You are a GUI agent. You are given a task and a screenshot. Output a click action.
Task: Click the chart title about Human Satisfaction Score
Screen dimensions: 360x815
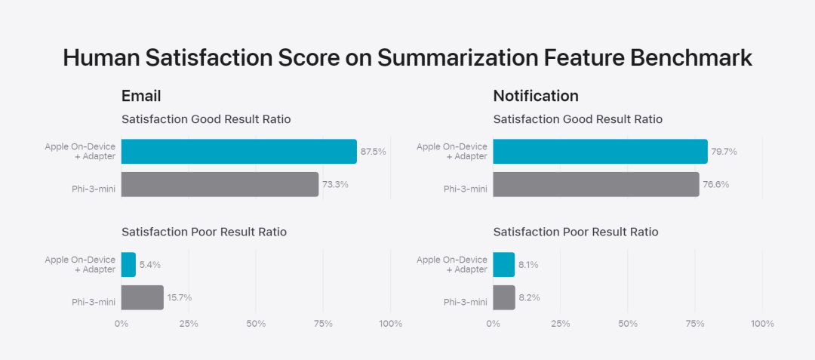pos(407,58)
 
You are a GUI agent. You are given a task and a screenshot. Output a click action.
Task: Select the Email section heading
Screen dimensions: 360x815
pos(141,96)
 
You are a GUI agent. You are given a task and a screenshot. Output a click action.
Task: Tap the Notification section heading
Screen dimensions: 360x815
pos(536,96)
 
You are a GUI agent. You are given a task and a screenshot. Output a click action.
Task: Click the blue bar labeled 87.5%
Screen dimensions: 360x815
pos(238,151)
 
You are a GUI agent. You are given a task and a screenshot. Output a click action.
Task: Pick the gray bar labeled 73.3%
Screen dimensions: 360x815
pos(220,184)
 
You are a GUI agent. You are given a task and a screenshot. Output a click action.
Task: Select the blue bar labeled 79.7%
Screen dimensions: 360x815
pos(600,151)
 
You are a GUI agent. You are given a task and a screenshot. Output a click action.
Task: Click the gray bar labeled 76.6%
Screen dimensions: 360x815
pos(595,184)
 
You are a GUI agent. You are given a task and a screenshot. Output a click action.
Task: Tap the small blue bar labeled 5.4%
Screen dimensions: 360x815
pos(128,264)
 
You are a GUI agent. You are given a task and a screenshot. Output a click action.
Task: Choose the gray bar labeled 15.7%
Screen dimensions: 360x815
pos(142,297)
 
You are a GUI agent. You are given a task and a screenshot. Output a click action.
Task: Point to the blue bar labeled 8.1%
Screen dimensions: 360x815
pos(503,264)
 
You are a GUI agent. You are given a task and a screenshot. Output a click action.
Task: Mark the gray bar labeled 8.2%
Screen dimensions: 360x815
pos(504,297)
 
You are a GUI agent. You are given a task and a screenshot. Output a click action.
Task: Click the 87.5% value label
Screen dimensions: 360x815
pos(373,152)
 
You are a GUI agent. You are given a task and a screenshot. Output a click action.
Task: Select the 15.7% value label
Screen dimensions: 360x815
pos(180,297)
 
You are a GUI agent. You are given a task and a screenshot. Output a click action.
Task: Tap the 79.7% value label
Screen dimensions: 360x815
pos(724,152)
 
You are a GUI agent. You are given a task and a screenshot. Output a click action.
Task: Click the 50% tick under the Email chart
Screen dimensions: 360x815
pos(256,324)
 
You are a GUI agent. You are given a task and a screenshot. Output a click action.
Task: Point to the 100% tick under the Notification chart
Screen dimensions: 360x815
pos(762,324)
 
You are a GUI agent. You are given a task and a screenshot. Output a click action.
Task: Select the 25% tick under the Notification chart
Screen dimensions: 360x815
pos(560,324)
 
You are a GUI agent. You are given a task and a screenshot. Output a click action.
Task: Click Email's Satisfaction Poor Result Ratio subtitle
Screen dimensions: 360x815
pos(204,232)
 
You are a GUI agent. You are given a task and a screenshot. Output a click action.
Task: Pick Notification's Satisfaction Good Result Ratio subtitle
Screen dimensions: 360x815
pos(577,119)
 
